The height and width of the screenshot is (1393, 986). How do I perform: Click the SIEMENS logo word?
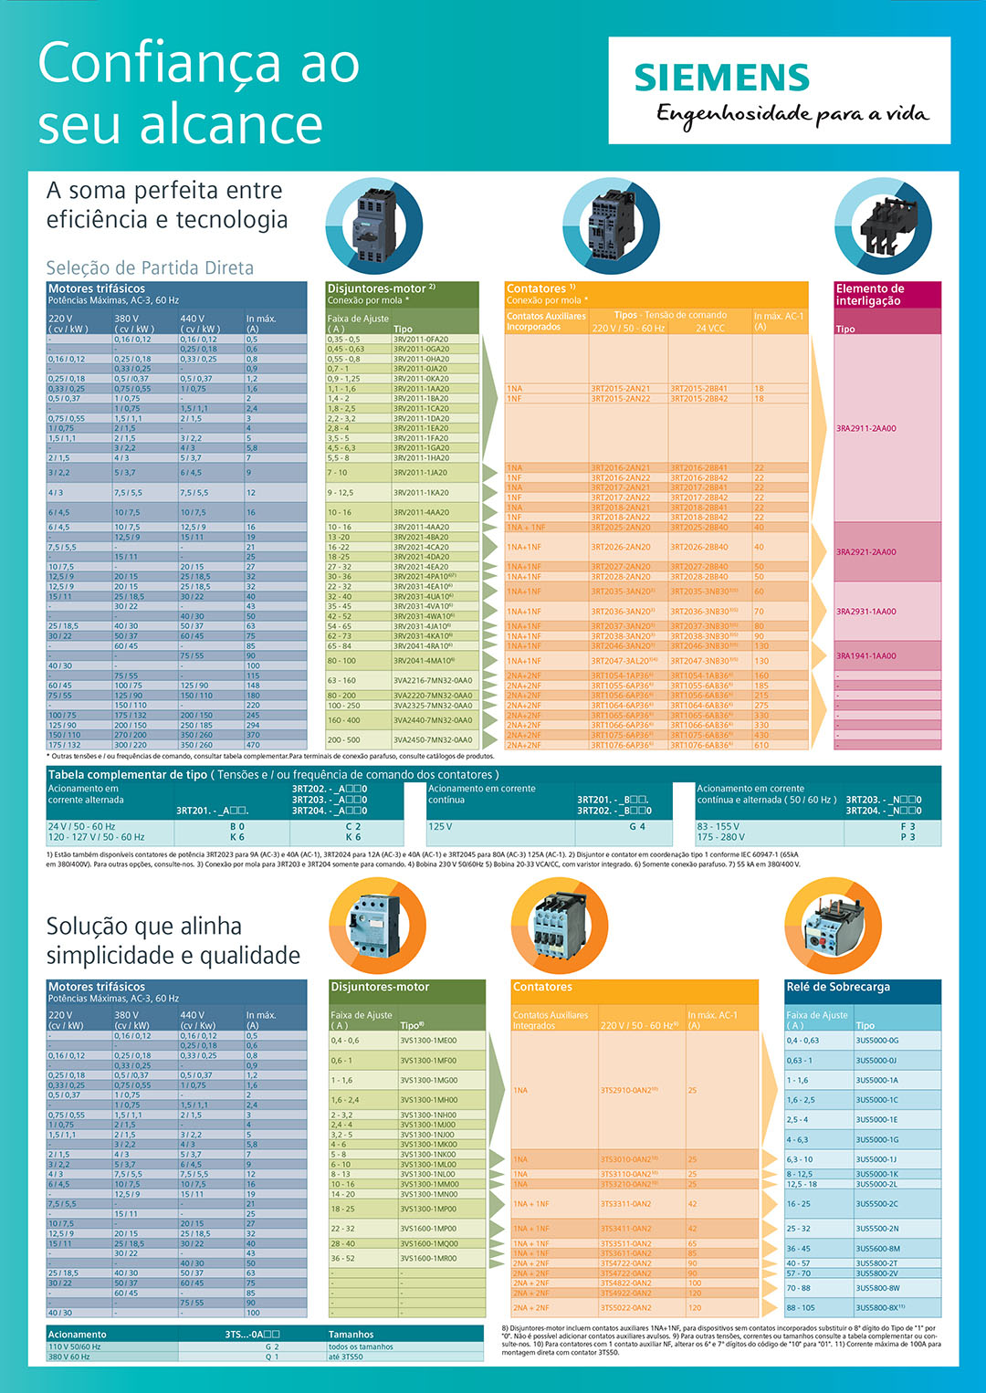coord(721,79)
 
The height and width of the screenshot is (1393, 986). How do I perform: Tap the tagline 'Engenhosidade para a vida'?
coord(792,114)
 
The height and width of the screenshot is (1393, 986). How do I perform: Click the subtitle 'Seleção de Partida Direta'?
coord(150,267)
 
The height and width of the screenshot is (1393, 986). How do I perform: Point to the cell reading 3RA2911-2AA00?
coord(865,428)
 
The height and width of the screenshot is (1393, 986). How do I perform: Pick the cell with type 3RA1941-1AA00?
coord(865,655)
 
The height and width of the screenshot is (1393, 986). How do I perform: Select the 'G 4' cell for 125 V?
coord(636,826)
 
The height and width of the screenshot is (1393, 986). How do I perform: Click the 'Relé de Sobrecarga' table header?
coord(837,987)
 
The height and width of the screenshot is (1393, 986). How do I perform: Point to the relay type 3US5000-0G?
coord(876,1040)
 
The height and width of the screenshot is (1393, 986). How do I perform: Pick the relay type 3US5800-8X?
coord(879,1307)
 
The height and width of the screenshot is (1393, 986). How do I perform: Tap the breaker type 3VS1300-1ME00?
coord(428,1040)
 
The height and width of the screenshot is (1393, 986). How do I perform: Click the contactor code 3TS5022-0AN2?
coord(625,1307)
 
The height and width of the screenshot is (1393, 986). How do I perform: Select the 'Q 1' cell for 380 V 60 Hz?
coord(272,1356)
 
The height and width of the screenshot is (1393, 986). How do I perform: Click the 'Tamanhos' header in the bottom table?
coord(351,1334)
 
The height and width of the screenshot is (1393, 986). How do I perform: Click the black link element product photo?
coord(883,224)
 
